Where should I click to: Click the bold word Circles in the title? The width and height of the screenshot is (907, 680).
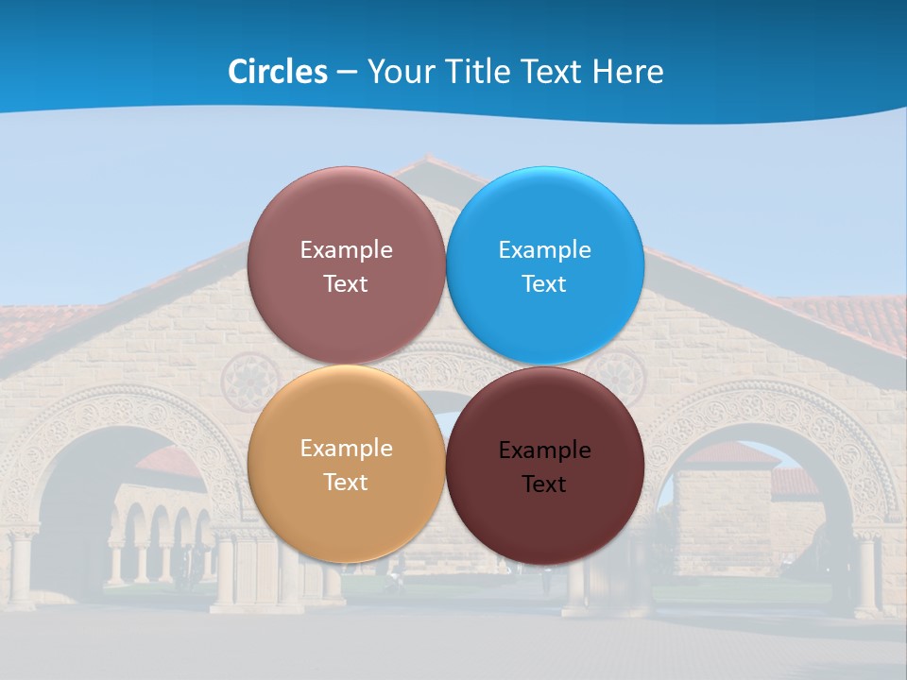tap(277, 72)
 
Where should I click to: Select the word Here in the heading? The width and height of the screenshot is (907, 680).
tap(627, 72)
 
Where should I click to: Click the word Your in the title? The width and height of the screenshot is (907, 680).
tap(398, 72)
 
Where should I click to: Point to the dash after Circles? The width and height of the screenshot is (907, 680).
tap(347, 73)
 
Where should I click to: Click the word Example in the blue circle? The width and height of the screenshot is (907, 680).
tap(544, 250)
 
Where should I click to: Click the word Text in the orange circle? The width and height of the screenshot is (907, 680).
tap(346, 482)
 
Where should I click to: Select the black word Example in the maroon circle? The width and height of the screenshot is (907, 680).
tap(544, 450)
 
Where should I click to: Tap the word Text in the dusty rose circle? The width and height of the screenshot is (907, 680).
tap(346, 283)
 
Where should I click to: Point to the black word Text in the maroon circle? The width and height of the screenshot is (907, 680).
tap(544, 484)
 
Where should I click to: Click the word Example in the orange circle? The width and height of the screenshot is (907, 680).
tap(346, 449)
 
